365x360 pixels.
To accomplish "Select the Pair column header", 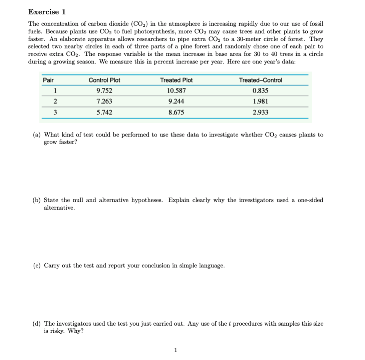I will click(48, 80).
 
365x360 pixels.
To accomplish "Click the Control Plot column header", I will click(104, 80).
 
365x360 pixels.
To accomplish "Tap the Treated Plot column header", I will click(176, 80).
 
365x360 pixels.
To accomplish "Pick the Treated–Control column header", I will click(260, 80).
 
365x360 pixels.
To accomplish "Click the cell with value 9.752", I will click(104, 91).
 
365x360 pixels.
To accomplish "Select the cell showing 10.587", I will click(176, 91).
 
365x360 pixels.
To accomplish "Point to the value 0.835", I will click(260, 91).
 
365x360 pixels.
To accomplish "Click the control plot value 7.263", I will click(104, 102).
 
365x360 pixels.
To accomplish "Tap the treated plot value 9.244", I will click(176, 102).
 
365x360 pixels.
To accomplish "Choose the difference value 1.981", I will click(260, 102).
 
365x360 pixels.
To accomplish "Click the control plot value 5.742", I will click(104, 113).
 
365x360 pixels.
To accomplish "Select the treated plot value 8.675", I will click(176, 113).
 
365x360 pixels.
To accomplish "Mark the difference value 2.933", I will click(260, 113).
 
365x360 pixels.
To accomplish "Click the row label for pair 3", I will click(55, 113).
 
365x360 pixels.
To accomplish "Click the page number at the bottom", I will click(175, 349).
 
